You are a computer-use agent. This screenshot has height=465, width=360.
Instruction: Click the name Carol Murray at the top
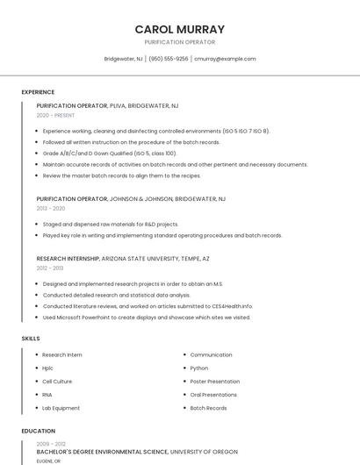(180, 29)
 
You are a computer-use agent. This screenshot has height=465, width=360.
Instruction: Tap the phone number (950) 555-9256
(169, 59)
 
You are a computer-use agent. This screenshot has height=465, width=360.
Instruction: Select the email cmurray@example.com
(225, 59)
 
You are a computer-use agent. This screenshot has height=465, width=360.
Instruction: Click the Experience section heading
(38, 92)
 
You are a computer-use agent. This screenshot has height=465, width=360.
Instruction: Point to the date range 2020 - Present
(55, 115)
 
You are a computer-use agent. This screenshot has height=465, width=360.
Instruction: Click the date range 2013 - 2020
(51, 209)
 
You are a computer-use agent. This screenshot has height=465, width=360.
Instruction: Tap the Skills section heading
(31, 338)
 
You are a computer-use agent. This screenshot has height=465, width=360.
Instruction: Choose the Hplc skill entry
(47, 368)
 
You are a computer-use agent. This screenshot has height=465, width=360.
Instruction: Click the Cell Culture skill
(57, 382)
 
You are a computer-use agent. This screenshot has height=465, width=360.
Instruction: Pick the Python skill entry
(199, 368)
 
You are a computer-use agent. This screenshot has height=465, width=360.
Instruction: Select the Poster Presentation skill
(214, 382)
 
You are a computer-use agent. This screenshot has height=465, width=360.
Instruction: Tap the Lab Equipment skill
(61, 408)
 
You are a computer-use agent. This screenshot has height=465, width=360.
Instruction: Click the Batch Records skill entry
(208, 408)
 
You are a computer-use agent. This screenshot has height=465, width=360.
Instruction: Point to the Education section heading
(39, 431)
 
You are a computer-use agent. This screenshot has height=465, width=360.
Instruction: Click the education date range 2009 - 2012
(51, 444)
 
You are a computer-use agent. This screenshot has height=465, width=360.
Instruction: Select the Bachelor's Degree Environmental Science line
(102, 452)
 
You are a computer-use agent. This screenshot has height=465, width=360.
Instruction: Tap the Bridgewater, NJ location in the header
(124, 59)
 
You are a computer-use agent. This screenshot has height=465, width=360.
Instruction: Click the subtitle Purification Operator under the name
(180, 42)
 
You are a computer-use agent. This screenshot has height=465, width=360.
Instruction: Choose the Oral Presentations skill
(213, 395)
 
